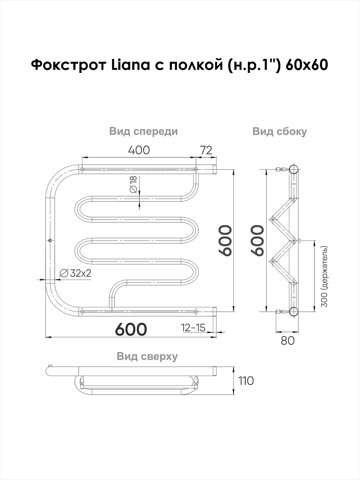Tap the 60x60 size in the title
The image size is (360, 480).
[307, 65]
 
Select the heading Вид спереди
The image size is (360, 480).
[144, 131]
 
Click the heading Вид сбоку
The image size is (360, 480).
[279, 132]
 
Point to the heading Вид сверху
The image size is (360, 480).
[147, 357]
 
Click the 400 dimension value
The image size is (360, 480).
[139, 150]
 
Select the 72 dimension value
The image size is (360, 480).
[206, 150]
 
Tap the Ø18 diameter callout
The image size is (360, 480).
[133, 185]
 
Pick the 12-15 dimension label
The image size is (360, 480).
[193, 328]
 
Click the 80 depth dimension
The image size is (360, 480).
[288, 340]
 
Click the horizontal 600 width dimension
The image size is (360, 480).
[131, 329]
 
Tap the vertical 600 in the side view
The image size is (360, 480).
[257, 240]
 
